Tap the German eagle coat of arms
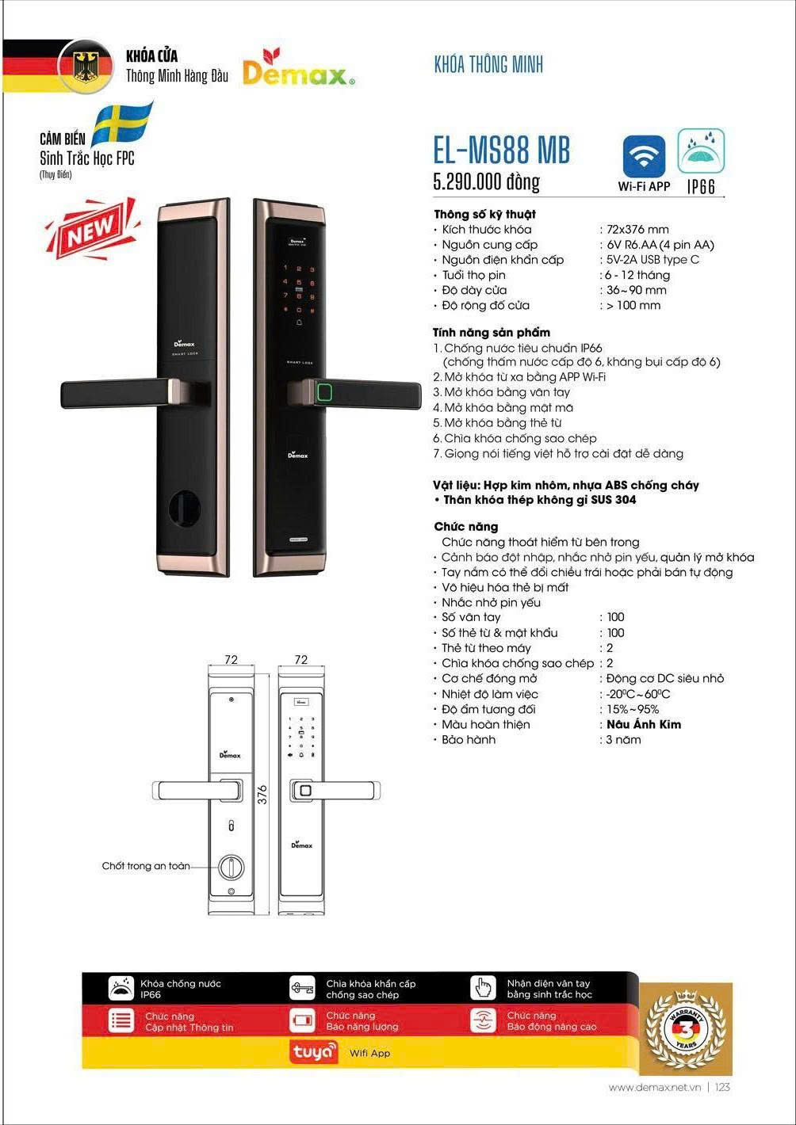tap(86, 67)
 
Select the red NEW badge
tap(90, 230)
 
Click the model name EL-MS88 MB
tap(501, 150)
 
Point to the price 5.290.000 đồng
tap(486, 182)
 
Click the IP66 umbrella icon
tap(701, 151)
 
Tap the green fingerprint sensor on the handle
tap(323, 391)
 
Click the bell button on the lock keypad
tap(300, 322)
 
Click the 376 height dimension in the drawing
tap(262, 794)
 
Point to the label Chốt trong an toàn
tap(146, 866)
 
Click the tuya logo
tap(316, 1053)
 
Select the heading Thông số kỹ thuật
tap(484, 214)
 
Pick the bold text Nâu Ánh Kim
tap(643, 724)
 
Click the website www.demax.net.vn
tap(656, 1088)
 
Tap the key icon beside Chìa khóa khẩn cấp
tap(302, 988)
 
